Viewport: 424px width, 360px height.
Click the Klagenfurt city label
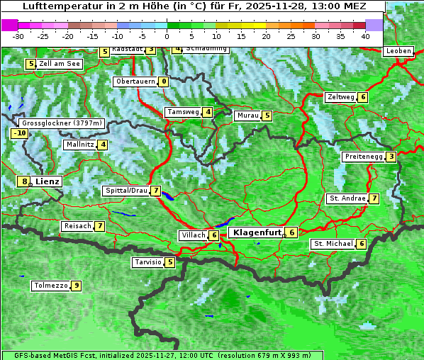[x=257, y=232]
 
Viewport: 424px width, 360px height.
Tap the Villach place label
[x=193, y=235]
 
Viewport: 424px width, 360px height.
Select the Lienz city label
[x=48, y=181]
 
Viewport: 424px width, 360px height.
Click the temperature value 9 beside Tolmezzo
[x=76, y=286]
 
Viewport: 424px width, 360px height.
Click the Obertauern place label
[x=135, y=81]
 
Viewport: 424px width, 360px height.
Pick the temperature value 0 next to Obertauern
[x=164, y=81]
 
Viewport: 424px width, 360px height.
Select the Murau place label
[x=247, y=116]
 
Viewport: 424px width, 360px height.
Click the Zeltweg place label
[x=340, y=97]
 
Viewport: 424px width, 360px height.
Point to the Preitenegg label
[x=364, y=157]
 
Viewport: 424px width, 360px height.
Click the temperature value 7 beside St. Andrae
[x=374, y=198]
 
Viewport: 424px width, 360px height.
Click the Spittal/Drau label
[x=126, y=191]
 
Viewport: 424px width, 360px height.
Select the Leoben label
[x=398, y=51]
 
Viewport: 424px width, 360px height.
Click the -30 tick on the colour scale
[x=18, y=35]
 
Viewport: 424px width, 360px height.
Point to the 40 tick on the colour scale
[x=365, y=35]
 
